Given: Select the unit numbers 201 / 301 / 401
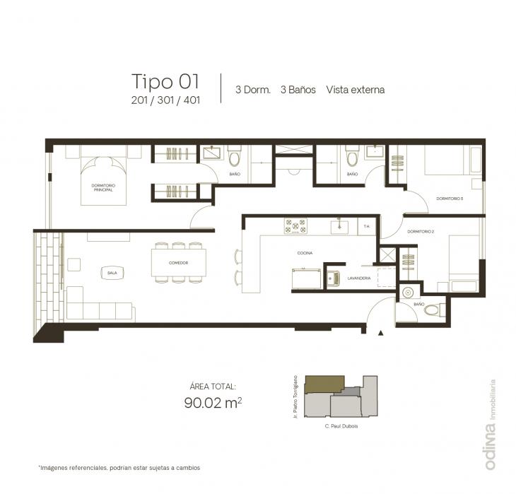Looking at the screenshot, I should [165, 100].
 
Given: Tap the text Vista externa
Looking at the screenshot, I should [356, 90].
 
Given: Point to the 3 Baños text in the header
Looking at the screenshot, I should [298, 90].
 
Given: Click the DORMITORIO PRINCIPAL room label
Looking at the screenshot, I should [104, 187].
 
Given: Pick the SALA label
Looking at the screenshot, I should [112, 272].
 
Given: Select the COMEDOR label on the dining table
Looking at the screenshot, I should [178, 262].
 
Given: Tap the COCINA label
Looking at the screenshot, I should [305, 252].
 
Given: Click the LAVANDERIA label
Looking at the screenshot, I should [359, 278].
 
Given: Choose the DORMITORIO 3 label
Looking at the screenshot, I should [450, 198].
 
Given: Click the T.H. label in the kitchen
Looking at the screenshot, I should [366, 226].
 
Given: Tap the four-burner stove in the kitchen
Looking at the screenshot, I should [295, 226].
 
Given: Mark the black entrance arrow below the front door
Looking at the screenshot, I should [381, 332].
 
